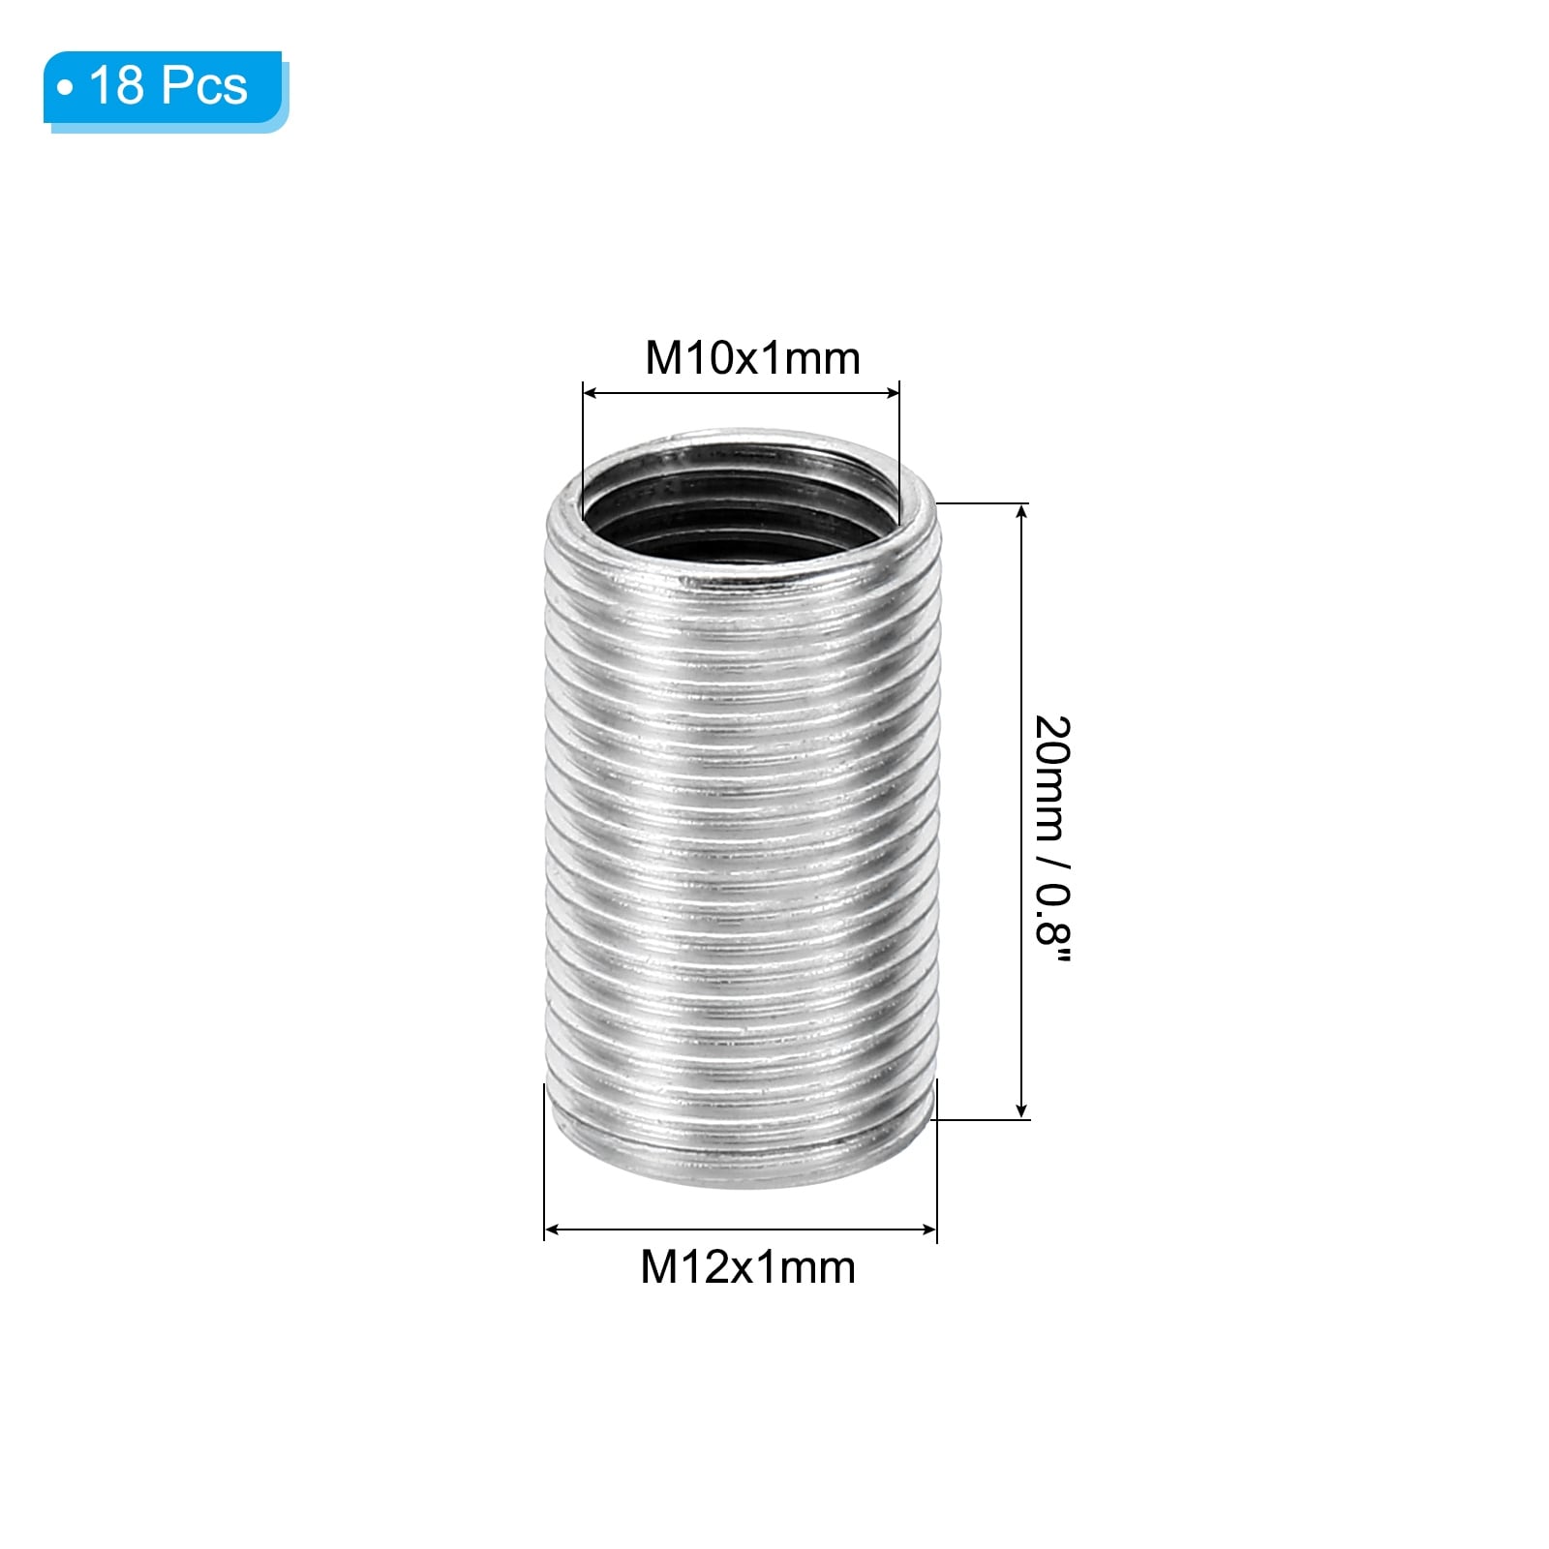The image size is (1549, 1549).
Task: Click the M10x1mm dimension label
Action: click(x=752, y=358)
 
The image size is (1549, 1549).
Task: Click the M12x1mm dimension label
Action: click(x=747, y=1267)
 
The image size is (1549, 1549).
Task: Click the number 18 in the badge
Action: click(x=116, y=85)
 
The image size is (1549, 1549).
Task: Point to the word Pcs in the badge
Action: click(x=204, y=85)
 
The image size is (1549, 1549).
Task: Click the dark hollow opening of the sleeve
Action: click(x=741, y=503)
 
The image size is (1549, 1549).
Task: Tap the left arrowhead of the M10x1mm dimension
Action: click(x=590, y=393)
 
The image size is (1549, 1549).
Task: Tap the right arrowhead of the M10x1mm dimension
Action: click(x=892, y=393)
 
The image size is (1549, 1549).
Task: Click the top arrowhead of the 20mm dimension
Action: click(x=1021, y=511)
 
